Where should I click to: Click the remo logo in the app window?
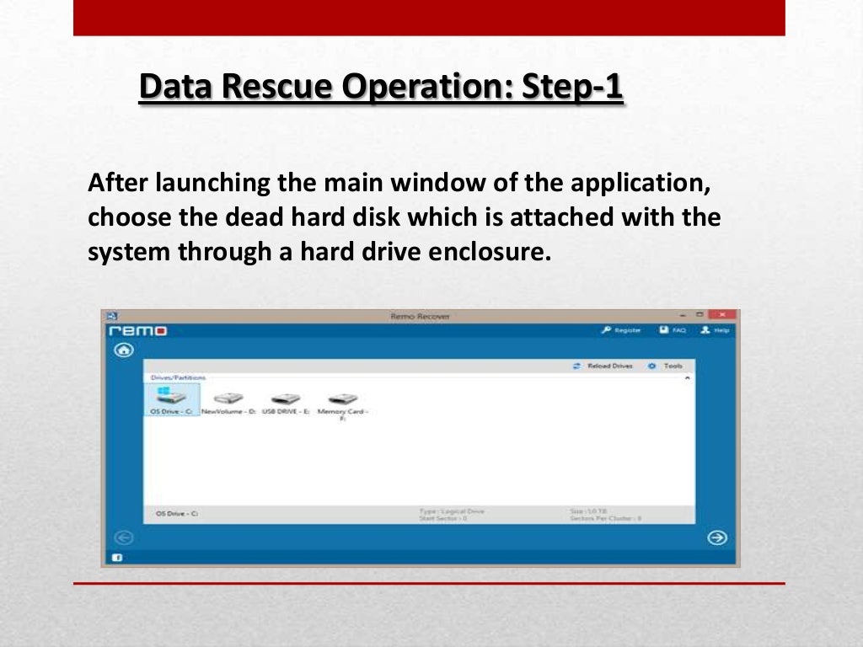click(x=138, y=331)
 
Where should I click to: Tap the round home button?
click(x=124, y=350)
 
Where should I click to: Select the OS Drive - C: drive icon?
click(x=172, y=398)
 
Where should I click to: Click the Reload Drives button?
click(x=603, y=366)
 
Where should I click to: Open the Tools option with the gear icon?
click(x=666, y=366)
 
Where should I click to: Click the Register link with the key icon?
click(x=622, y=331)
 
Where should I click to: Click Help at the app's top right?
click(x=715, y=331)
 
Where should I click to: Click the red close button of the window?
click(x=722, y=315)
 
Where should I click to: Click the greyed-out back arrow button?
click(x=123, y=537)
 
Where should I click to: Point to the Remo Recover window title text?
click(x=420, y=317)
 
